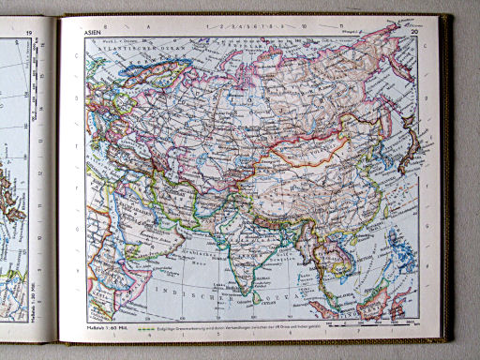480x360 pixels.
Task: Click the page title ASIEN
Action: [x=93, y=31]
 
